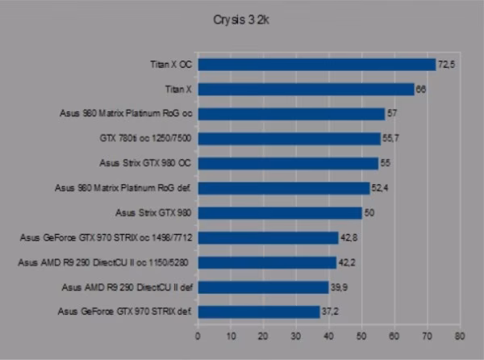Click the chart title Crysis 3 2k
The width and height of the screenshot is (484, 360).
pos(241,20)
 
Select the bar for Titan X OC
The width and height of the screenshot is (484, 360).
pos(317,65)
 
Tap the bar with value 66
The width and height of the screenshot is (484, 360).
pos(306,90)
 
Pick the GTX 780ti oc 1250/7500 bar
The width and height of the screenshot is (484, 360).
pos(290,139)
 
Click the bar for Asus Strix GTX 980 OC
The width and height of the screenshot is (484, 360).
pos(288,164)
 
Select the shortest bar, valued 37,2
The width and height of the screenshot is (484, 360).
pos(259,312)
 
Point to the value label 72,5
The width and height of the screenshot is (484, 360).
pos(446,65)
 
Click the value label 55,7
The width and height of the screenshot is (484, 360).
pos(390,138)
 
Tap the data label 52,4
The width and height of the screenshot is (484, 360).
pos(380,188)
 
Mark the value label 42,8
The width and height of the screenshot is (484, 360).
pos(349,237)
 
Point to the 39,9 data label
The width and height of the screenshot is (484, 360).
pos(339,287)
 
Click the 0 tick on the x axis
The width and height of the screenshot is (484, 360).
pos(198,336)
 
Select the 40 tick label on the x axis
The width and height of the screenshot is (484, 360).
pos(329,336)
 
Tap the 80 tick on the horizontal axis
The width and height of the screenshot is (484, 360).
pos(460,336)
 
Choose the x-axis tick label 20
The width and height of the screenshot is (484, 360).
pos(263,336)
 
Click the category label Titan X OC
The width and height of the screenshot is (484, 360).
pos(171,65)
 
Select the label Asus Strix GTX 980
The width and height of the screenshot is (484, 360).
pos(153,213)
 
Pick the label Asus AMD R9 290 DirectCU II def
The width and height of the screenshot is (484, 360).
pos(127,287)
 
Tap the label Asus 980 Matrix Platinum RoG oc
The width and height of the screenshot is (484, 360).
pos(126,113)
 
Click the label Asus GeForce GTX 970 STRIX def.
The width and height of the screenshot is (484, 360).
pos(125,312)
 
